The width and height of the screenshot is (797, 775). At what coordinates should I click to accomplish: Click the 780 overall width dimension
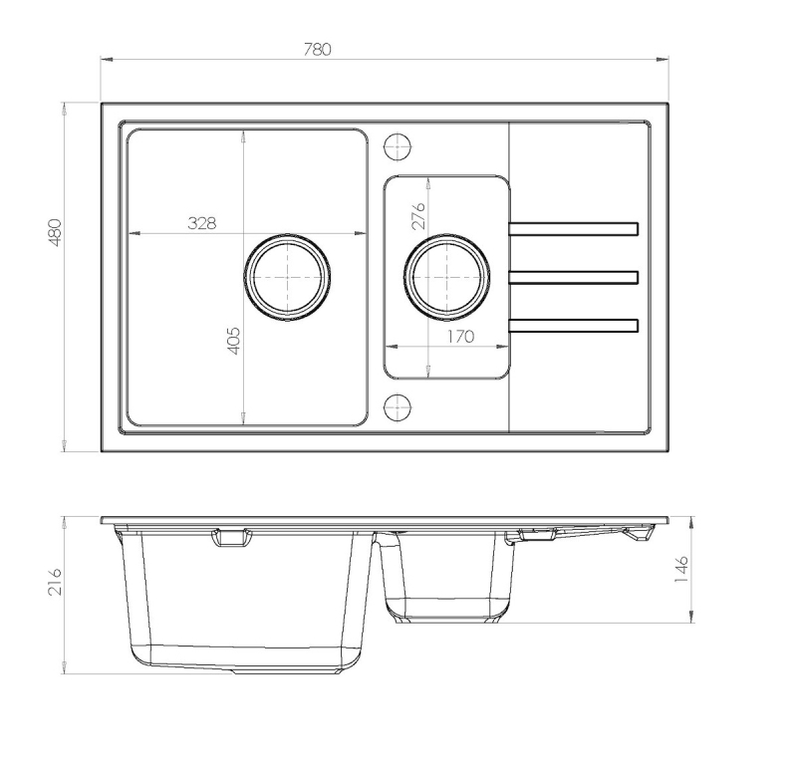coord(318,49)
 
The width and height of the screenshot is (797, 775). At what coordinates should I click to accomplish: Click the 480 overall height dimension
coord(55,233)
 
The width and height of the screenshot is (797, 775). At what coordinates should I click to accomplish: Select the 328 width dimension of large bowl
coord(202,222)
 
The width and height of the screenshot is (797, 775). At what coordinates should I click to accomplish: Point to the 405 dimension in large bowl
coord(232,341)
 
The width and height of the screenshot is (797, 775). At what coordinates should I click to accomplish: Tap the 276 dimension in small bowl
coord(417,215)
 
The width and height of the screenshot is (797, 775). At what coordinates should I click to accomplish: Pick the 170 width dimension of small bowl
coord(460,337)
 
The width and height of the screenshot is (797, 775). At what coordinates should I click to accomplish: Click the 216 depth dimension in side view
coord(55,582)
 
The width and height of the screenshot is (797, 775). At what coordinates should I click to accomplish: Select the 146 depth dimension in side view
coord(681,569)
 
